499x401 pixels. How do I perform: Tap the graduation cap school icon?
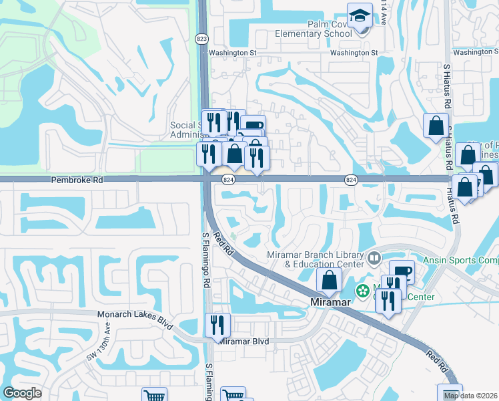click(360, 15)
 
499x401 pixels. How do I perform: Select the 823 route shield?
click(202, 39)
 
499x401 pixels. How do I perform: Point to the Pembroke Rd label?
click(69, 180)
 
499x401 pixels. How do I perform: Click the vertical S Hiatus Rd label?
click(448, 87)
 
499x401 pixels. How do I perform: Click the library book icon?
click(374, 257)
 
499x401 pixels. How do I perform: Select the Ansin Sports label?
click(460, 260)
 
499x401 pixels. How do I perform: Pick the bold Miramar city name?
click(332, 302)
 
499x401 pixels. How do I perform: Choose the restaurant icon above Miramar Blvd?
click(217, 325)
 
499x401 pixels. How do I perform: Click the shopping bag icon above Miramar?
click(329, 279)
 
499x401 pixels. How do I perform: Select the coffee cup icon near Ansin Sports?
click(402, 271)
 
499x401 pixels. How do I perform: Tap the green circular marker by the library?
click(363, 291)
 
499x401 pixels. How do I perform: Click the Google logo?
click(22, 393)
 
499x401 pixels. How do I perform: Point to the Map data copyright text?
click(470, 395)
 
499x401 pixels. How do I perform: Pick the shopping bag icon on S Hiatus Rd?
click(436, 124)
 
